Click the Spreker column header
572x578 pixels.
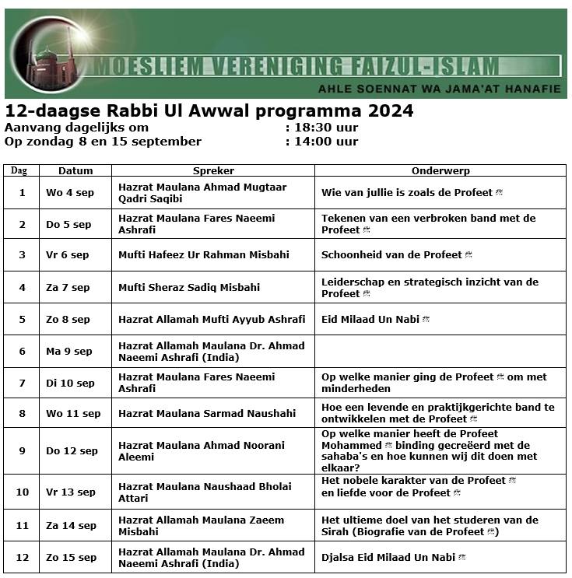coord(212,170)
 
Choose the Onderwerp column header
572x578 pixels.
coord(440,170)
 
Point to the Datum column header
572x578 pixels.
coord(75,170)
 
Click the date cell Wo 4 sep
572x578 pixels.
coord(69,192)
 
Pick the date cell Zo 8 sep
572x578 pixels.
coord(68,319)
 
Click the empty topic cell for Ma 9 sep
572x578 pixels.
coord(440,351)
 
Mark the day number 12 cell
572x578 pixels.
coord(22,557)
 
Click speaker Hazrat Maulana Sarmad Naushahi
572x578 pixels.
coord(202,413)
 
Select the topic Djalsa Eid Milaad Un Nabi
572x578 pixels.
coord(389,557)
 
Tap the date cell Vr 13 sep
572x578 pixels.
coord(72,492)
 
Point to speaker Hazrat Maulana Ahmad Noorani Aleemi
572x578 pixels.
coord(201,451)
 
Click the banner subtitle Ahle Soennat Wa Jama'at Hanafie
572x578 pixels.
coord(439,89)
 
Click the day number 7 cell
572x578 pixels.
coord(22,383)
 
